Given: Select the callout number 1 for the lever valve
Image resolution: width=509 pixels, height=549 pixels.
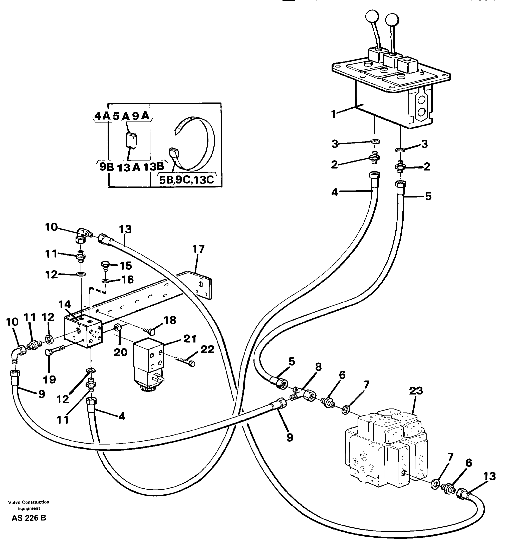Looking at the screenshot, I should pos(334,114).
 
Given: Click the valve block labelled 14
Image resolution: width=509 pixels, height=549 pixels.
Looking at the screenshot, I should pos(83,331).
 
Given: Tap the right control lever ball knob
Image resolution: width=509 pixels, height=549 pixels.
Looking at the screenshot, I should pos(392,20).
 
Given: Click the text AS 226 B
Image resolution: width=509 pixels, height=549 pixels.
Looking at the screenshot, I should pos(29,518).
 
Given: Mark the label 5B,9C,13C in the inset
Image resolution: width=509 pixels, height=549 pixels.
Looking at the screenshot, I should pos(186,180).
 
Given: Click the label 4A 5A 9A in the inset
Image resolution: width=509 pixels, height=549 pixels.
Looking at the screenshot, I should pos(121,116).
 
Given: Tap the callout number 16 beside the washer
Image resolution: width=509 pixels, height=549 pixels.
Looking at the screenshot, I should pos(127,279).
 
